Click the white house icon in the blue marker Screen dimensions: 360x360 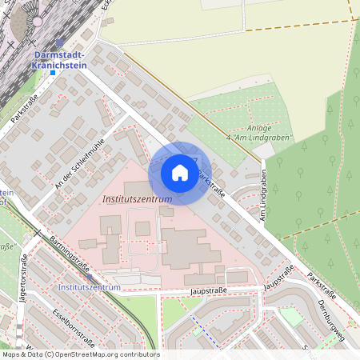(x=180, y=172)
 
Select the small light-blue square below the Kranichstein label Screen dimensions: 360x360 (x=53, y=73)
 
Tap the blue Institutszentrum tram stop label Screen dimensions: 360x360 (x=90, y=286)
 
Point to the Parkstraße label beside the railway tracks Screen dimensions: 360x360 (x=25, y=109)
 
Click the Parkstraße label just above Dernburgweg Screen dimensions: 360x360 (x=321, y=285)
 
